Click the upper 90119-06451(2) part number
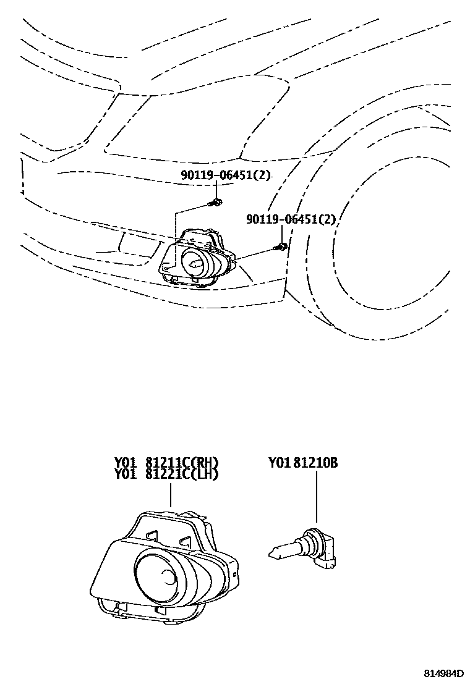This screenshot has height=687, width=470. click(x=226, y=175)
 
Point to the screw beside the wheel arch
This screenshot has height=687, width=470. click(x=281, y=247)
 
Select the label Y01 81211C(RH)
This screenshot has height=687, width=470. click(x=166, y=463)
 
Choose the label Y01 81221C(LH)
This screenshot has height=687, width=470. click(x=166, y=474)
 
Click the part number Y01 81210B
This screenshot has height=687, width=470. click(x=303, y=463)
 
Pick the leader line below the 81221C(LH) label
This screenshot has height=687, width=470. click(x=171, y=494)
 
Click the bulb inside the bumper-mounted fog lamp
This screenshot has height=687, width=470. click(x=195, y=264)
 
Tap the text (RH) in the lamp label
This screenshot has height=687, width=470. click(x=206, y=463)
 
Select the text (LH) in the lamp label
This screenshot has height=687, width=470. click(x=206, y=474)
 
